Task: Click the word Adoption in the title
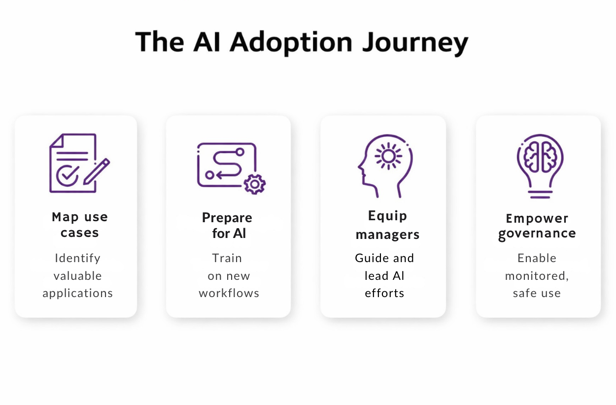(x=291, y=42)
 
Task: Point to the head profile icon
(x=385, y=160)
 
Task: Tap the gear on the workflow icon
(x=254, y=184)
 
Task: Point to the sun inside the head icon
(x=388, y=156)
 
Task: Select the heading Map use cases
(x=79, y=225)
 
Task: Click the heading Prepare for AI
(x=227, y=225)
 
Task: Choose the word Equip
(x=387, y=216)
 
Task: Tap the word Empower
(x=537, y=218)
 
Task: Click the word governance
(x=537, y=234)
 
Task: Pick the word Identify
(x=77, y=258)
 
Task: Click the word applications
(x=77, y=293)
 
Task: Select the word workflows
(x=229, y=293)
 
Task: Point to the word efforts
(x=384, y=293)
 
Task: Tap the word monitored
(x=536, y=276)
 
